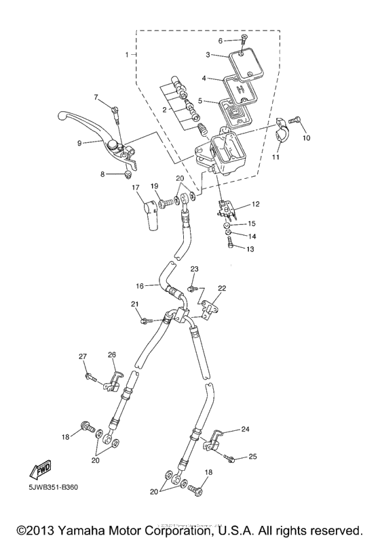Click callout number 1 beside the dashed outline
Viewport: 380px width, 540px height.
[126, 53]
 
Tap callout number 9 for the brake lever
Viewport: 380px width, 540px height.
[79, 143]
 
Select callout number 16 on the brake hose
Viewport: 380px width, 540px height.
[140, 287]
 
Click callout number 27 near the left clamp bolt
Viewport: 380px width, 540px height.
[83, 356]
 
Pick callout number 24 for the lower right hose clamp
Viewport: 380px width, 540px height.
[245, 429]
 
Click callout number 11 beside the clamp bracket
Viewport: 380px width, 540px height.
[276, 157]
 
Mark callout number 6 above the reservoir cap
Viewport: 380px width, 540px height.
[221, 41]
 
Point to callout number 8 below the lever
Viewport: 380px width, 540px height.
[103, 174]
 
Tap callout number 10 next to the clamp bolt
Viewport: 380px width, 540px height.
[305, 138]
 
